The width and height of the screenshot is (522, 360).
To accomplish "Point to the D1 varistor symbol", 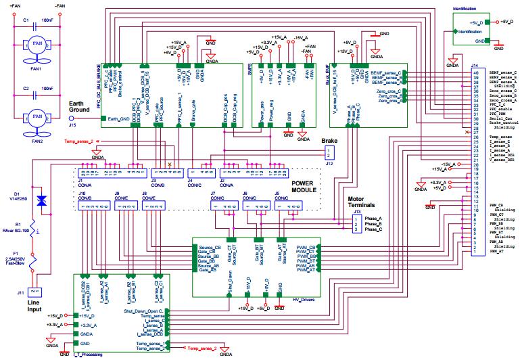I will pyautogui.click(x=42, y=200).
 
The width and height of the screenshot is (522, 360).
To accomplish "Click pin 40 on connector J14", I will pyautogui.click(x=475, y=72).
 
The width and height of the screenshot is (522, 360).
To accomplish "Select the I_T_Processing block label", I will pyautogui.click(x=88, y=355).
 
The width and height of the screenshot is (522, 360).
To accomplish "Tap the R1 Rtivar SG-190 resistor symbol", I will pyautogui.click(x=42, y=230).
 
